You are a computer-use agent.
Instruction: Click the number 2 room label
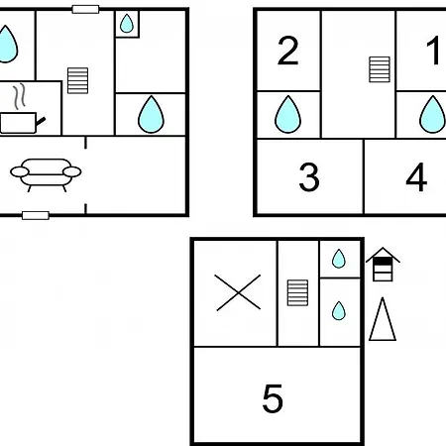coord(288,51)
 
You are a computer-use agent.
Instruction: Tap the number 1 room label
coord(433,51)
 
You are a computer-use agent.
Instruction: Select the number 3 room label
coord(309,177)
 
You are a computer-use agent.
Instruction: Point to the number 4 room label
coord(416,177)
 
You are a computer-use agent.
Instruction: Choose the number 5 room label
coord(273,398)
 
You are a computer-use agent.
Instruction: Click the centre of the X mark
coord(238,292)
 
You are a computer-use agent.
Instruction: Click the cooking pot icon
coord(23,123)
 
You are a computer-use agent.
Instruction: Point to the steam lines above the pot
coord(19,96)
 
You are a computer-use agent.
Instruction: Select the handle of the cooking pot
coord(41,121)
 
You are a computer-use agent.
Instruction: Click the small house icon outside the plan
coord(383,265)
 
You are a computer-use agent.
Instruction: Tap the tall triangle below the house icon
coord(383,319)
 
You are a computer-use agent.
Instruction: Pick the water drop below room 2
coord(288,115)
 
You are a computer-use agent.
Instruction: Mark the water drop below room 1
coord(432,115)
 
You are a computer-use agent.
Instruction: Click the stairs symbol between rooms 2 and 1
coord(380,69)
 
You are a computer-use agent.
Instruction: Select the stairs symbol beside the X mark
coord(297,293)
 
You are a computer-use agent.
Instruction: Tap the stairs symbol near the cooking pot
coord(77,81)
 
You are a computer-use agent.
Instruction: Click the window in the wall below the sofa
coord(36,216)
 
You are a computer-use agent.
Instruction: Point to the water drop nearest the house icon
coord(339,259)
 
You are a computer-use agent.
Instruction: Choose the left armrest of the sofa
coord(20,171)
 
